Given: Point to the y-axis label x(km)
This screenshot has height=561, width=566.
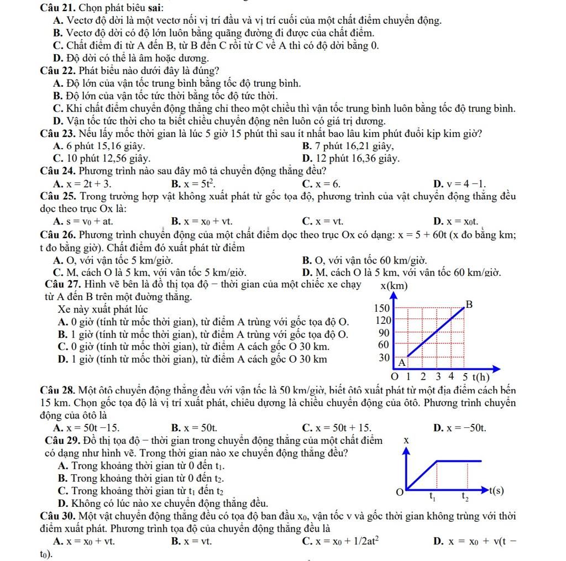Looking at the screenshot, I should point(394,286).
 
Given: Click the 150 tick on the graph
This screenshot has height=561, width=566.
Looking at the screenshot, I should point(382,307).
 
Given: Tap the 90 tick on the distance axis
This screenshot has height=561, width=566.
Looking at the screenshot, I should point(384,332).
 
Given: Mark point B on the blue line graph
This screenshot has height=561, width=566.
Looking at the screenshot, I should point(470,304).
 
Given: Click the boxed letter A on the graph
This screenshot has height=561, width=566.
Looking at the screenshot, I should point(402,362).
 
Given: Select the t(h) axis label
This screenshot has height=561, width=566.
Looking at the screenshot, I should point(478,378).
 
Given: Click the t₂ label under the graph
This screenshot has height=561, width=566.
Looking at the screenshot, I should point(467,497).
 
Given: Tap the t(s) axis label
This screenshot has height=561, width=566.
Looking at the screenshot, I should point(495,490).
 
